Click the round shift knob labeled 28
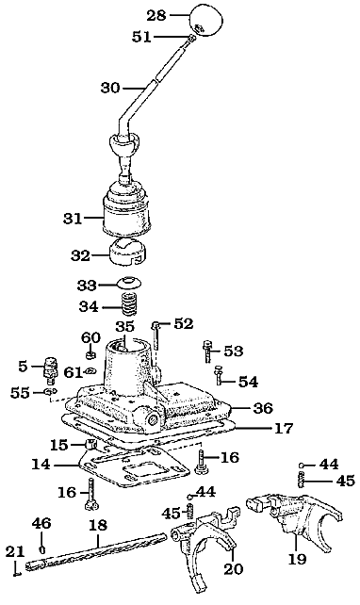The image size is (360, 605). [208, 19]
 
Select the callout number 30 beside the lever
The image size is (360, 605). [110, 88]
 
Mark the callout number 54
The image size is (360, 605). [248, 382]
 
